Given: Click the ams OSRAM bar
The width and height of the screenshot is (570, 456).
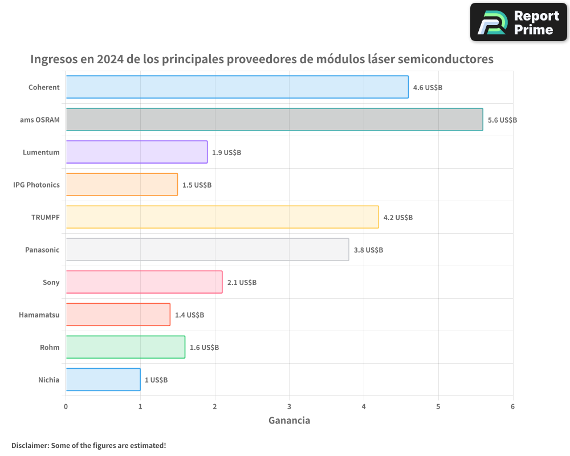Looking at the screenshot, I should point(274,120).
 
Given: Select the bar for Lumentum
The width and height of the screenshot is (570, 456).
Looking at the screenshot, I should point(137,152).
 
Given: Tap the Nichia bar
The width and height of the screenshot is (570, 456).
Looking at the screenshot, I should point(103,380).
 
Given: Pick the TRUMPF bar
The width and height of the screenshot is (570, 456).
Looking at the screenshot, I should point(222,217).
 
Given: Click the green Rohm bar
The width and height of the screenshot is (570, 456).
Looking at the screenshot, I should point(125,347).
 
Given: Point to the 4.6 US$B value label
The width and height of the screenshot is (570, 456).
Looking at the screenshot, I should point(427,88).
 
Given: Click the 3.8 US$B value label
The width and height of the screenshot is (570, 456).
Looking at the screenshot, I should point(368,250).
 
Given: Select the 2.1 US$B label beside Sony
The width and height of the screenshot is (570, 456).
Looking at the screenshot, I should point(242,283).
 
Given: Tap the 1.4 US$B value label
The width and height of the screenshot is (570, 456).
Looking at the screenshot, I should point(189,315).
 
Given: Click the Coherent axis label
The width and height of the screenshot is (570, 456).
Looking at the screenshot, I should point(44,87).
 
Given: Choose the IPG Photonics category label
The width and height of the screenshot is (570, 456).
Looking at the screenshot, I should point(36,185).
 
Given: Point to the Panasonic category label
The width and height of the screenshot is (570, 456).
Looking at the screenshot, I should point(42,250).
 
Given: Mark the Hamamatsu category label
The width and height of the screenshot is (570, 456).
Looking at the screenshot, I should point(39,315).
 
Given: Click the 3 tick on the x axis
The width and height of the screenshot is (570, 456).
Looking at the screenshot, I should point(290,406).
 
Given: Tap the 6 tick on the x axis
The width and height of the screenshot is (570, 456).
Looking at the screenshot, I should point(513,406).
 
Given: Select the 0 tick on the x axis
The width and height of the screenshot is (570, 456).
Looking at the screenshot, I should point(66,406).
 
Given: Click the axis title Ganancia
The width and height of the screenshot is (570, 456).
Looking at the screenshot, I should point(290,421).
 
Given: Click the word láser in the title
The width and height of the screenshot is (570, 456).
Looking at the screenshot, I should point(356,59).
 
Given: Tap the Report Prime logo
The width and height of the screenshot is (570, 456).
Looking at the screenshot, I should point(519,22).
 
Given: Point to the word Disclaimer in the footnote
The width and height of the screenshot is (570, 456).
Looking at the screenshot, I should point(30,445).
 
